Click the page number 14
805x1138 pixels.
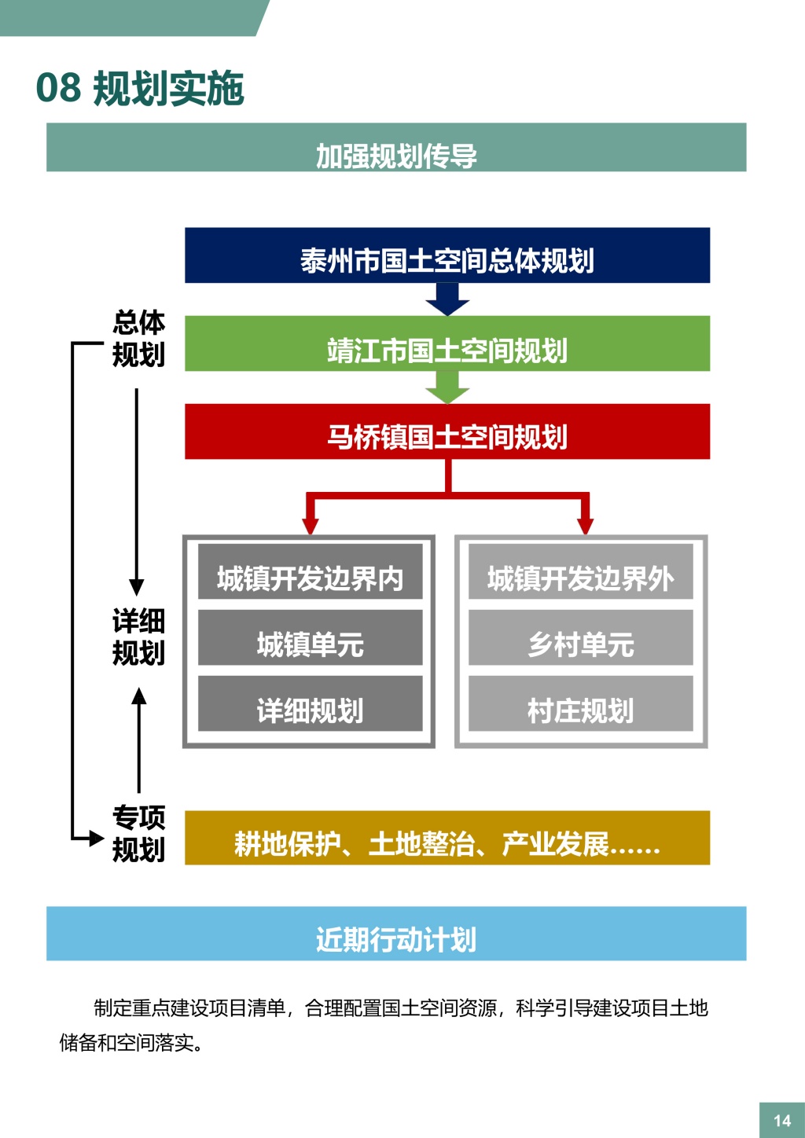click(x=781, y=1120)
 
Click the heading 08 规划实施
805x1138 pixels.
click(x=141, y=87)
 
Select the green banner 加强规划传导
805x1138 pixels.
click(x=396, y=148)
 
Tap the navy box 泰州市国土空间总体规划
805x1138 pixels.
click(x=447, y=255)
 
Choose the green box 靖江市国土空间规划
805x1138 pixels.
click(x=447, y=344)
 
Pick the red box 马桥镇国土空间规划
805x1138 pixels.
click(x=447, y=431)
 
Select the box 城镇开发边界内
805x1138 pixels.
click(x=310, y=572)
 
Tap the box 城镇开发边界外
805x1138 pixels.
click(x=581, y=572)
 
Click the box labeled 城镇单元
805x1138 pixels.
click(x=310, y=638)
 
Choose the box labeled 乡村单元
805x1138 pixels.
click(x=581, y=638)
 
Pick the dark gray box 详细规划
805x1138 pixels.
click(x=310, y=704)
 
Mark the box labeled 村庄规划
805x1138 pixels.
click(x=581, y=704)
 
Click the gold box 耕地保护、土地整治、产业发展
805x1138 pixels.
click(x=447, y=838)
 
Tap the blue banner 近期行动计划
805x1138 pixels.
click(x=396, y=934)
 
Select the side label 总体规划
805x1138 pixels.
click(x=138, y=338)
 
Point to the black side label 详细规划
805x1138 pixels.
click(x=138, y=637)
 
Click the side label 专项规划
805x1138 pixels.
click(x=138, y=833)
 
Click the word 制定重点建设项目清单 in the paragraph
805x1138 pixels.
click(x=189, y=1008)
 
